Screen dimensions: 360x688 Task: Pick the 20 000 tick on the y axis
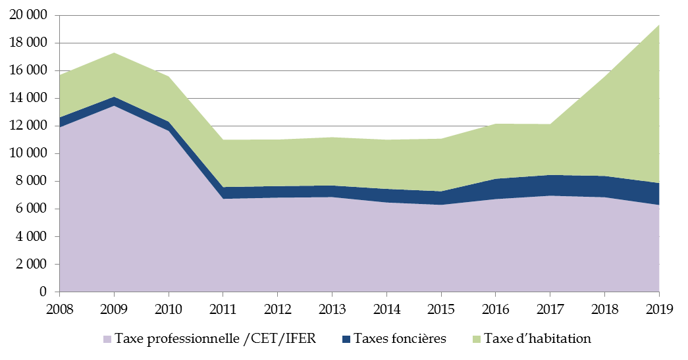pos(30,16)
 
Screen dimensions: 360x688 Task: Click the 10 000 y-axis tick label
pos(30,154)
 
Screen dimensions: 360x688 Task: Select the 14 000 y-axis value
pos(30,99)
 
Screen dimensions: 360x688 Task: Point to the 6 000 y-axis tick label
pos(34,209)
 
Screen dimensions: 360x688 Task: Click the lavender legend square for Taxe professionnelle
pos(107,340)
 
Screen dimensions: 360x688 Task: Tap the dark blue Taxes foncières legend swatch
pos(346,340)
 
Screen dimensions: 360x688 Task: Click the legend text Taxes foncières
pos(400,339)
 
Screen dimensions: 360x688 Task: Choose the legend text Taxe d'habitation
pos(537,339)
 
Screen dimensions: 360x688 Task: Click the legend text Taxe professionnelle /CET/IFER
pos(215,339)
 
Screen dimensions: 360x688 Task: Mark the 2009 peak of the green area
pos(114,53)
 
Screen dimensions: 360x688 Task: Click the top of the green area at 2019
pos(658,25)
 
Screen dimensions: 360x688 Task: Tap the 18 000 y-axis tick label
pos(30,43)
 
